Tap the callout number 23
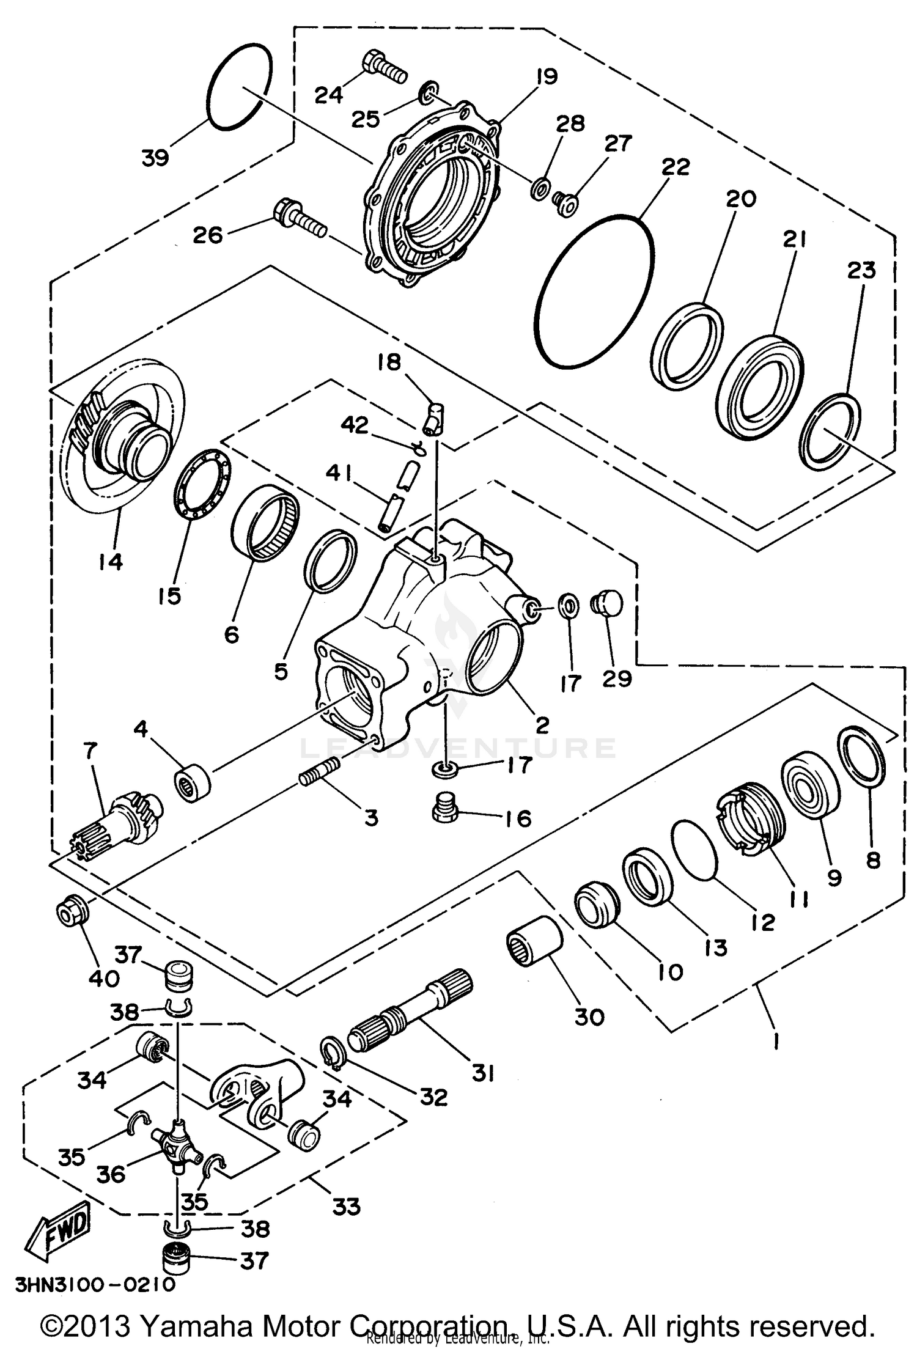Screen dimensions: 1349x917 861,270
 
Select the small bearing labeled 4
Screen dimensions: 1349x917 193,786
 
